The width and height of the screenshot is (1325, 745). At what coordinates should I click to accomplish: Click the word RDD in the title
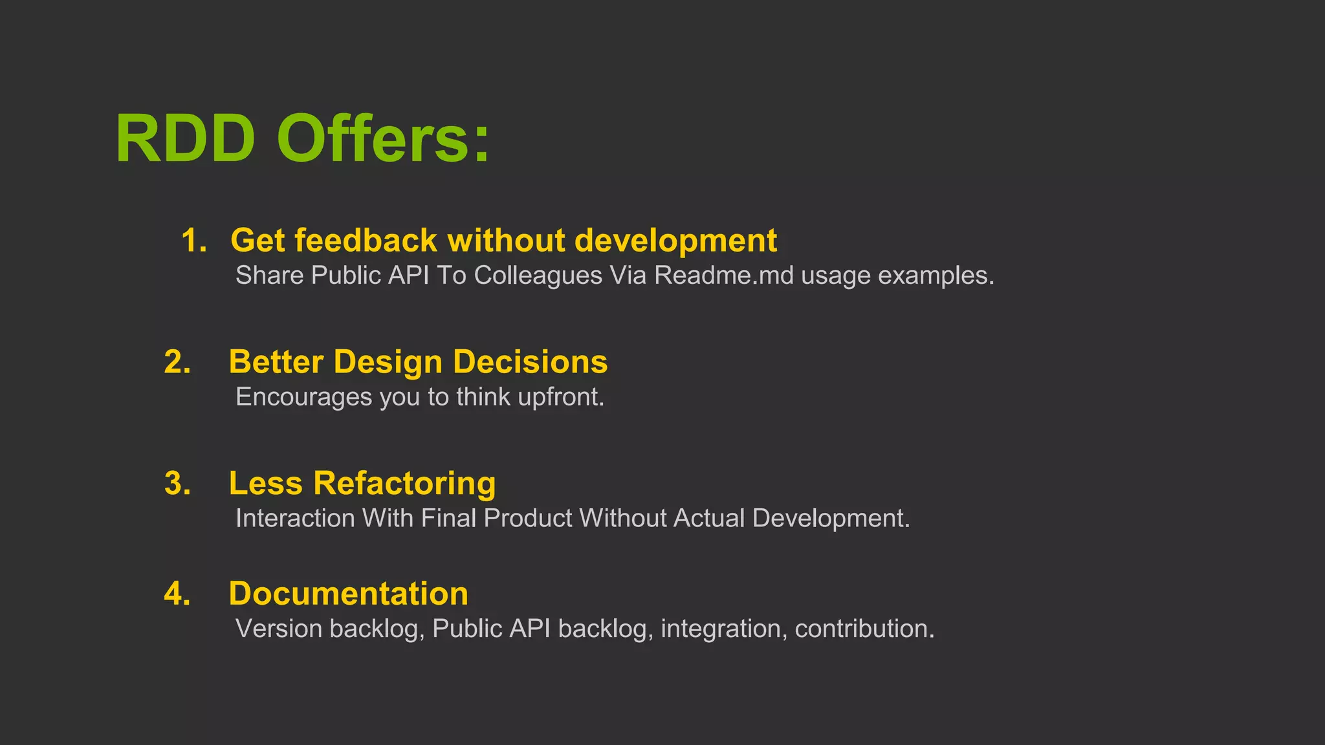point(185,139)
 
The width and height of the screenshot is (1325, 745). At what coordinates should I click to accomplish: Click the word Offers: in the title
point(383,139)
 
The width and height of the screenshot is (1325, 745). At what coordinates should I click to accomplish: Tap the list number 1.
point(193,241)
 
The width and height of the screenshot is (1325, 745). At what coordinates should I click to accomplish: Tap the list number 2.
point(177,362)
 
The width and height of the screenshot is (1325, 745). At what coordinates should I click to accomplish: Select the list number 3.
point(177,484)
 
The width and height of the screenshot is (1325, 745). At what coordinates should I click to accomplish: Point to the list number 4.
point(177,594)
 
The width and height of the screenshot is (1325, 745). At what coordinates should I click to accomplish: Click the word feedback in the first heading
point(366,241)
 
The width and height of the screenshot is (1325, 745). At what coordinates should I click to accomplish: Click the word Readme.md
point(723,275)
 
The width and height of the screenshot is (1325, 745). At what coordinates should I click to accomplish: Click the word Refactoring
point(404,484)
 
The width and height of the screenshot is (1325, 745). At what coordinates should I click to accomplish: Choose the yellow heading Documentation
point(348,594)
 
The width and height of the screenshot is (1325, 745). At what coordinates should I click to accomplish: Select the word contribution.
point(864,629)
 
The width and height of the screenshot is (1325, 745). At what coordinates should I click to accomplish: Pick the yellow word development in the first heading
point(675,241)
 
